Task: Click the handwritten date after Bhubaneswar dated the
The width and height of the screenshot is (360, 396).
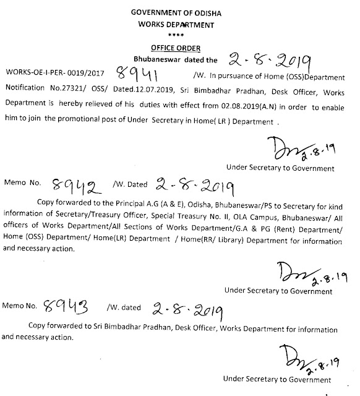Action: (276, 61)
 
